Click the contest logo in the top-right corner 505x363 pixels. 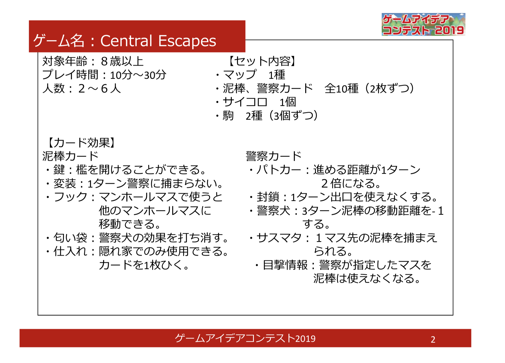[x=423, y=24]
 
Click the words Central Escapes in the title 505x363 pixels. [x=158, y=41]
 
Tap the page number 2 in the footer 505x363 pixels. [x=433, y=339]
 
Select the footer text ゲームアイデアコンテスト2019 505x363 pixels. [x=245, y=338]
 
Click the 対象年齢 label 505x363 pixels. [x=65, y=61]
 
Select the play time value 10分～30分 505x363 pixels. [x=138, y=75]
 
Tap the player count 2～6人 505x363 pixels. [x=100, y=89]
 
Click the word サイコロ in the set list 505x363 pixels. [x=245, y=102]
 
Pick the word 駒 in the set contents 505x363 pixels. [x=228, y=116]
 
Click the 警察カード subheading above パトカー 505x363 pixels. [x=274, y=156]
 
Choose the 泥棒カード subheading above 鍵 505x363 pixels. [x=70, y=156]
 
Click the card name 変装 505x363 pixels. [x=65, y=184]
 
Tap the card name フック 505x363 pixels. [x=70, y=197]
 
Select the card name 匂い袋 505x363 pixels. [x=70, y=238]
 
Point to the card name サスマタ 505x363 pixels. [x=279, y=238]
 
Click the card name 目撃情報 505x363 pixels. [x=285, y=265]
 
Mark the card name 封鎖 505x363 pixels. [x=268, y=197]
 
